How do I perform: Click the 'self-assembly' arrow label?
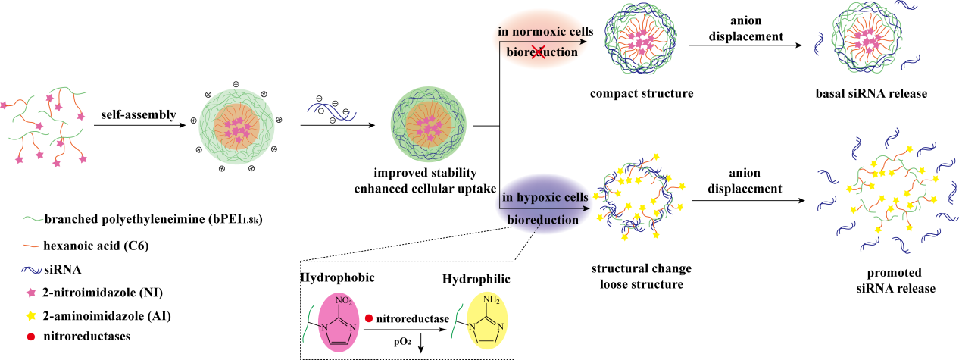pyautogui.click(x=139, y=115)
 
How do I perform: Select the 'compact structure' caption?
pyautogui.click(x=641, y=94)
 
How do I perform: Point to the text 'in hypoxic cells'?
pyautogui.click(x=544, y=197)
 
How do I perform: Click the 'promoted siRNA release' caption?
pyautogui.click(x=882, y=281)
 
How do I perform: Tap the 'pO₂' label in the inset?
pyautogui.click(x=403, y=342)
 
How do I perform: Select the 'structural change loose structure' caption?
pyautogui.click(x=641, y=277)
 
